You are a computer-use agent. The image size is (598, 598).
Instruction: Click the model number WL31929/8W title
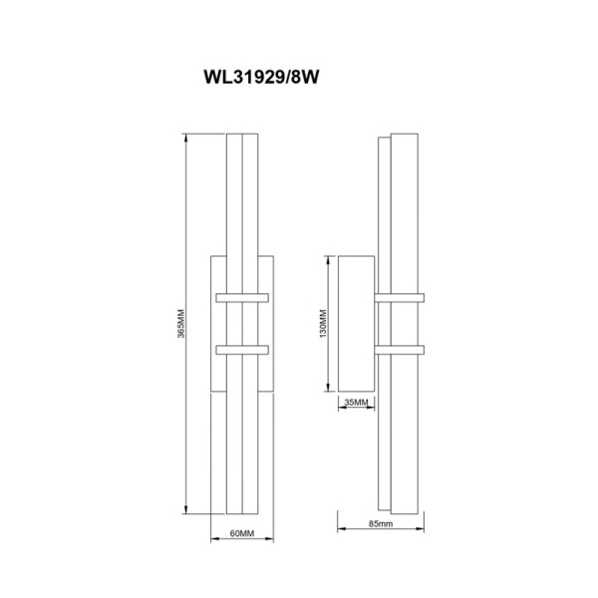pyautogui.click(x=261, y=77)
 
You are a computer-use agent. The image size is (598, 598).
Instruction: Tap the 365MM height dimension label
pyautogui.click(x=181, y=323)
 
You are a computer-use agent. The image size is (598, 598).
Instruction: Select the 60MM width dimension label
pyautogui.click(x=242, y=533)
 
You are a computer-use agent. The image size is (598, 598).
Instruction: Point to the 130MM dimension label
pyautogui.click(x=323, y=323)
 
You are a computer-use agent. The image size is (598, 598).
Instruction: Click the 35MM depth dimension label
pyautogui.click(x=356, y=402)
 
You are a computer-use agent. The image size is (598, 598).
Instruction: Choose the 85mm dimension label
pyautogui.click(x=381, y=523)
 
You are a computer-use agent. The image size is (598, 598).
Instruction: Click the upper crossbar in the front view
pyautogui.click(x=242, y=298)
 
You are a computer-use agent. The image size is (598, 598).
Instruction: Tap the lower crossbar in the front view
pyautogui.click(x=242, y=350)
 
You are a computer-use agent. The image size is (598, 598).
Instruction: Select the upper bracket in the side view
pyautogui.click(x=400, y=298)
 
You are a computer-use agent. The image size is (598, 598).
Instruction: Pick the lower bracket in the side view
pyautogui.click(x=400, y=350)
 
